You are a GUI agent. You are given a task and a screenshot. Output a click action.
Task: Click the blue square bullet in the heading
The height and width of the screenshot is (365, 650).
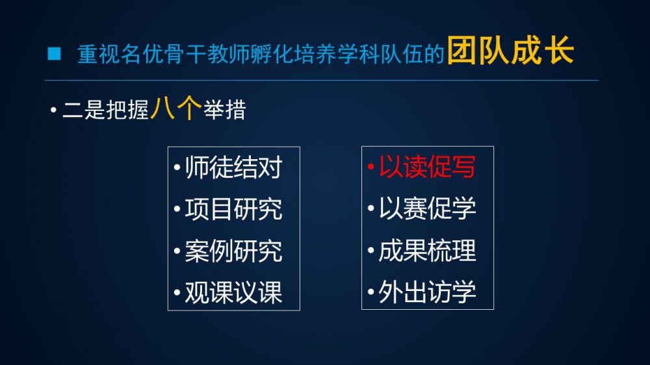pyautogui.click(x=55, y=54)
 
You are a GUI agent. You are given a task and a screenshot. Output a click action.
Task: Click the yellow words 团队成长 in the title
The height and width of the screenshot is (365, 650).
pyautogui.click(x=510, y=51)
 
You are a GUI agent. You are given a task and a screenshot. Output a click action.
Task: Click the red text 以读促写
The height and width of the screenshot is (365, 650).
pyautogui.click(x=428, y=167)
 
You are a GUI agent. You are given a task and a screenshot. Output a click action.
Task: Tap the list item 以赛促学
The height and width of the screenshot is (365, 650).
pyautogui.click(x=428, y=208)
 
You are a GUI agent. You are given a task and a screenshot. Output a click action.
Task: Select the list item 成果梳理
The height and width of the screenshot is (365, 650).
pyautogui.click(x=428, y=250)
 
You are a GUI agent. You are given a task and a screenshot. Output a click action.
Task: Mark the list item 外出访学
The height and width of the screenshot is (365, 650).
pyautogui.click(x=428, y=292)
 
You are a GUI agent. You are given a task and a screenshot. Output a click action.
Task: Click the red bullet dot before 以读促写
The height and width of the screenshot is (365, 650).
pyautogui.click(x=371, y=168)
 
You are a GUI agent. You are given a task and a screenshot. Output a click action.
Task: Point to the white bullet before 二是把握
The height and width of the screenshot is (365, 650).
pyautogui.click(x=53, y=110)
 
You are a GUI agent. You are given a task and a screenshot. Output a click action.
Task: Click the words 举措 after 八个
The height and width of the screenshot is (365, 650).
pyautogui.click(x=225, y=110)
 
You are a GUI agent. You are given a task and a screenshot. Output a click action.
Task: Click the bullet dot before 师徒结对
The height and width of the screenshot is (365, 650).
pyautogui.click(x=177, y=168)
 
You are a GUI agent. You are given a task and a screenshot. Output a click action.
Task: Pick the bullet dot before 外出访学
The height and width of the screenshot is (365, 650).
pyautogui.click(x=371, y=292)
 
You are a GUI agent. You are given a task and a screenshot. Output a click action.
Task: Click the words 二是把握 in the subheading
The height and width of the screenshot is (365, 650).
pyautogui.click(x=105, y=110)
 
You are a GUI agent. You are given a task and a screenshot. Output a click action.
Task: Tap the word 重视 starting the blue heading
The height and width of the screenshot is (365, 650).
pyautogui.click(x=99, y=55)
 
